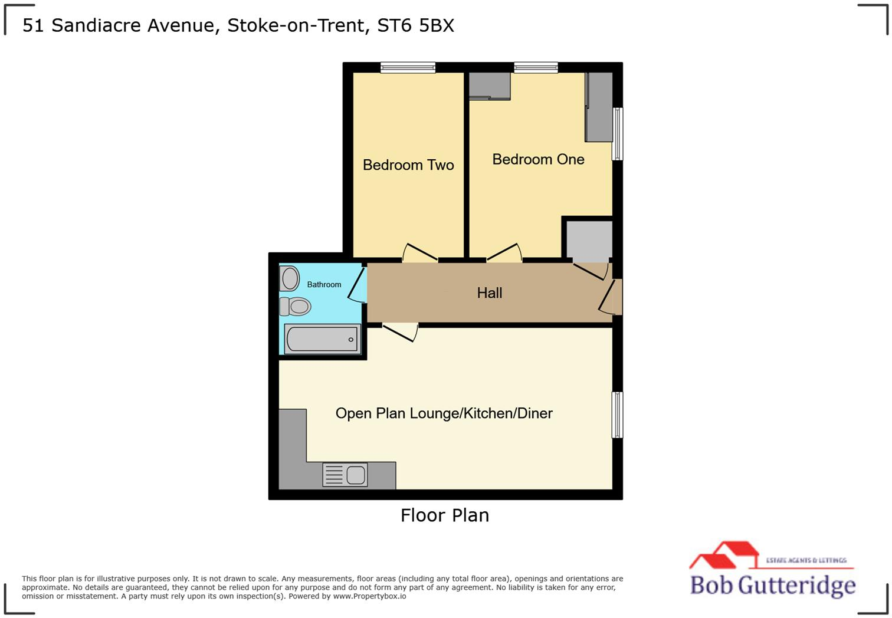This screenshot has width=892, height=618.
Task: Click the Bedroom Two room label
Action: [x=408, y=165]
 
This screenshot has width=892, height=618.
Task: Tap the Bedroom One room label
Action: [x=538, y=159]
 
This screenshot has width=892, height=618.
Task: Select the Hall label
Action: [x=490, y=293]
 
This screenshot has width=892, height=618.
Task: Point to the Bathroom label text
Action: [x=324, y=285]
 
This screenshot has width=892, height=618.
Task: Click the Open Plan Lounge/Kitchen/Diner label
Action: [x=444, y=413]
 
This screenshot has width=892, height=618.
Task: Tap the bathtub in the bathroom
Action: [x=322, y=339]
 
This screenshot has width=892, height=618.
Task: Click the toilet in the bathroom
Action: [x=295, y=307]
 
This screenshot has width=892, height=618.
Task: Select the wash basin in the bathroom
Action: [x=290, y=278]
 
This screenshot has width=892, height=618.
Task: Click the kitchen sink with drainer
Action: [x=345, y=475]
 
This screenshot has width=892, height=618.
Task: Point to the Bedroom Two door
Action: [x=420, y=252]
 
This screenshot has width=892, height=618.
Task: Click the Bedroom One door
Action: [x=504, y=252]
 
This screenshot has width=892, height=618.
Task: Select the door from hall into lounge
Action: [x=401, y=331]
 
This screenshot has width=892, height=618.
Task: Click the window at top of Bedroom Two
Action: [x=408, y=68]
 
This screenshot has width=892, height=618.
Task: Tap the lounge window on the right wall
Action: [x=617, y=415]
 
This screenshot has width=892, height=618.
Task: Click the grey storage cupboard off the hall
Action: [x=589, y=239]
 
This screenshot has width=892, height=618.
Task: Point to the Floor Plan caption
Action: [x=445, y=515]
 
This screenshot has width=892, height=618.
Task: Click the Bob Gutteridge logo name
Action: [x=773, y=585]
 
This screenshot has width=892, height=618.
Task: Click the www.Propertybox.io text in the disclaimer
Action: [x=369, y=596]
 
